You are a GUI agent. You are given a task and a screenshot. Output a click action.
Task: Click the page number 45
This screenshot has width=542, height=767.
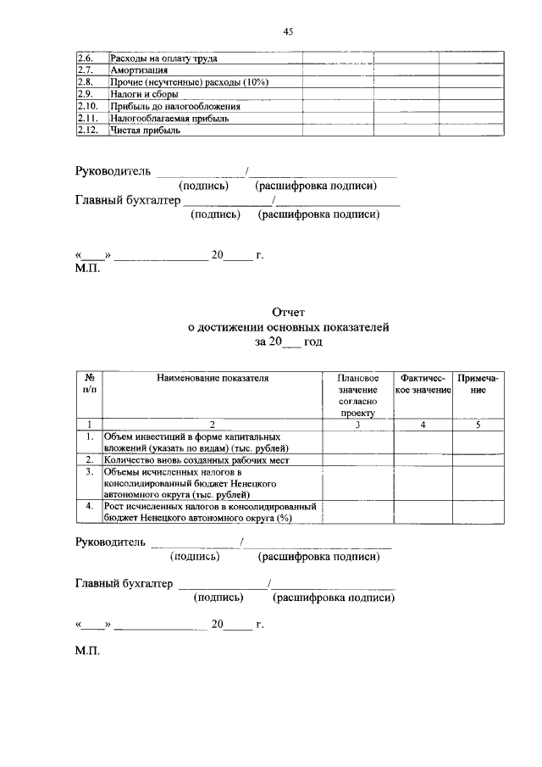(x=288, y=32)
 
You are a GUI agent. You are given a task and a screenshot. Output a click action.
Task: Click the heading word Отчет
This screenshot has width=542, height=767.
(x=288, y=313)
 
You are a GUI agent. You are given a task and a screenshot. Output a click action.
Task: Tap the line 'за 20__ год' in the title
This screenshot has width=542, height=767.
(x=288, y=342)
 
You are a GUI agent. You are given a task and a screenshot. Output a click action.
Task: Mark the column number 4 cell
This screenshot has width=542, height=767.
(x=422, y=424)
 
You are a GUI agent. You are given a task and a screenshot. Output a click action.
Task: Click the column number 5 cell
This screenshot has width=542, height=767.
(x=478, y=424)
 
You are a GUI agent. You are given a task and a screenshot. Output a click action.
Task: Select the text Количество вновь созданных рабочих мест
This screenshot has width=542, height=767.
(x=196, y=459)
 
